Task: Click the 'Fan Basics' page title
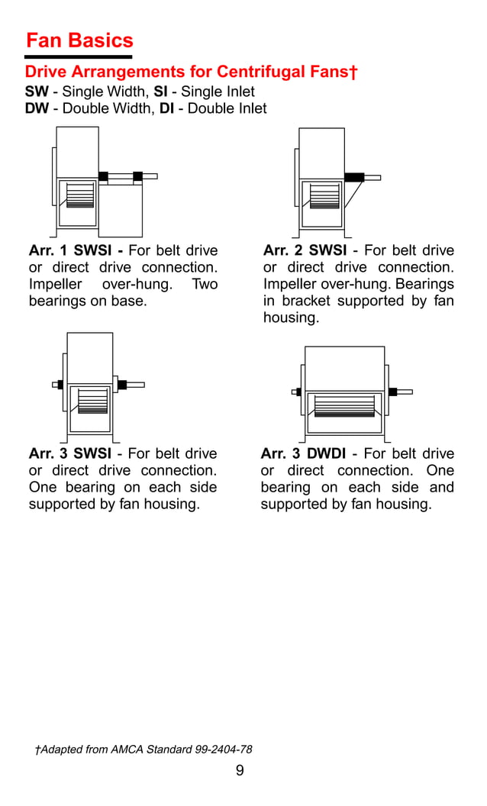click(x=79, y=41)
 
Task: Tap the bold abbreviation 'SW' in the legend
click(x=37, y=92)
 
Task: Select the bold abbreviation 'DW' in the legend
click(x=37, y=108)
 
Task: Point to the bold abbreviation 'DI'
click(x=166, y=108)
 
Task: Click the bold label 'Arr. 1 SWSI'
click(x=75, y=251)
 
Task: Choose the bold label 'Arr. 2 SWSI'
click(x=305, y=251)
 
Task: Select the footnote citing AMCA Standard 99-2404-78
click(x=144, y=750)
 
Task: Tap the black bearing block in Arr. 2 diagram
click(x=353, y=177)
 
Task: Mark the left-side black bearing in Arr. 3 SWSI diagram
click(x=60, y=385)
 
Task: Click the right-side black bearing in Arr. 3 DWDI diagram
click(x=392, y=392)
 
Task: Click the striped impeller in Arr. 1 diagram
click(x=79, y=195)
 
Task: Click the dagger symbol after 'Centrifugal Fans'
click(x=353, y=72)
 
